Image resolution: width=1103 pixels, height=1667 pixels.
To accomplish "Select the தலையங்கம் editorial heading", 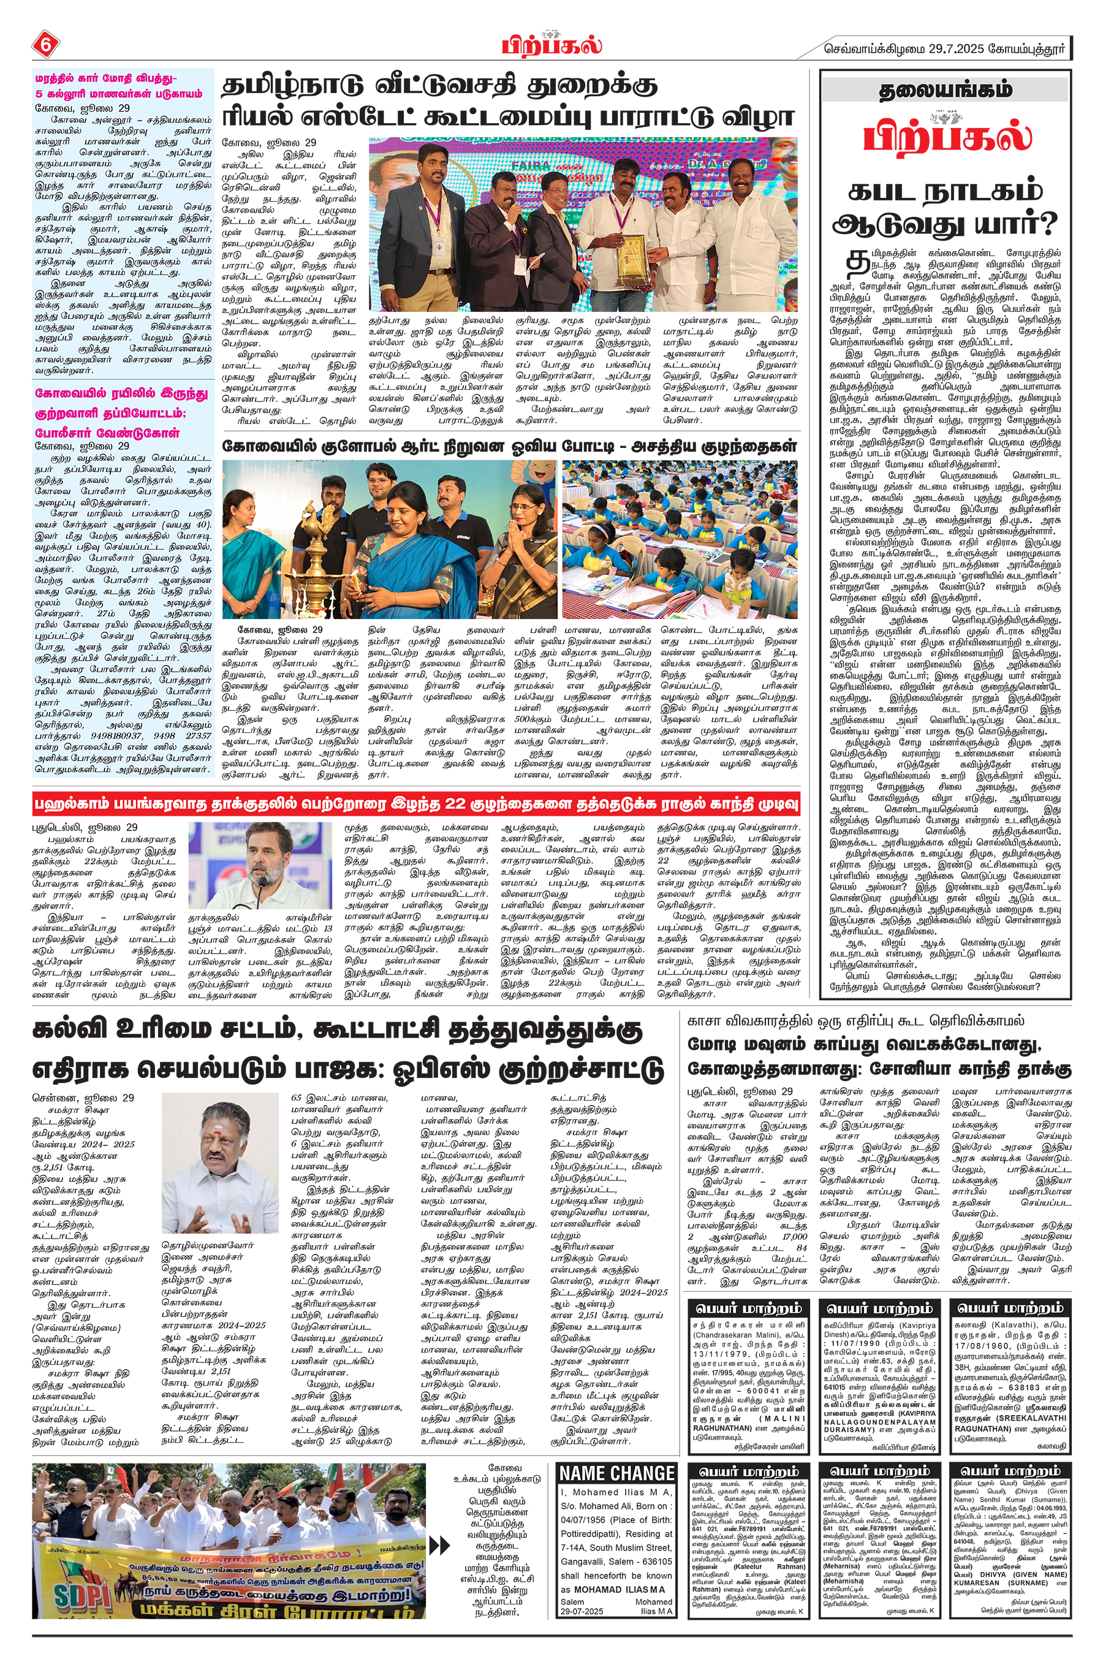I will pos(946,91).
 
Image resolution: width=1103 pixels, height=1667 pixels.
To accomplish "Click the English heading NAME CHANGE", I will pos(617,1473).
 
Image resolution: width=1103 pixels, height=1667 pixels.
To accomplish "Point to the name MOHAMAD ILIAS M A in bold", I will pos(620,1589).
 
